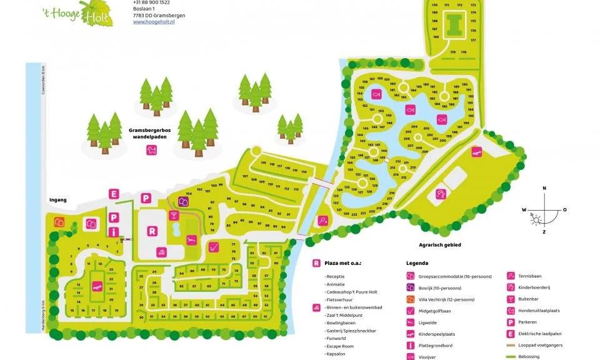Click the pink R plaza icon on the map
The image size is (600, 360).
coord(151,230)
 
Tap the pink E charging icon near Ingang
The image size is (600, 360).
coord(114,194)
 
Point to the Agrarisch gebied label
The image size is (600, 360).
coord(439,245)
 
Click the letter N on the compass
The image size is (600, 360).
coord(544,188)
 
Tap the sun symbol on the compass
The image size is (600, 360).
coord(534,217)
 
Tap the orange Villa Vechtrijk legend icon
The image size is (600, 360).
coord(411,299)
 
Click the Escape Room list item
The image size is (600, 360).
coord(339,346)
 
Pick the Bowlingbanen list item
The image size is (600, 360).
coord(341,323)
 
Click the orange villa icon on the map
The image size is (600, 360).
coord(60,221)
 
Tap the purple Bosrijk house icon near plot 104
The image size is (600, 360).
coord(183,201)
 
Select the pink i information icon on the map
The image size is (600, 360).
coord(114,232)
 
